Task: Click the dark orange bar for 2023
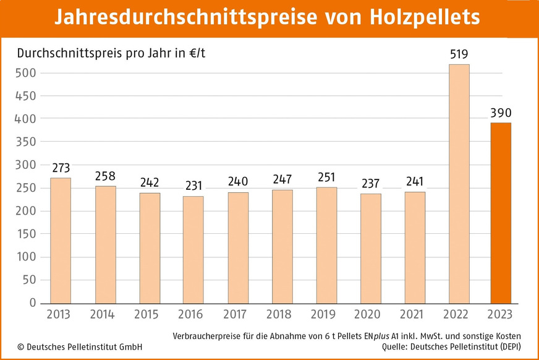501,213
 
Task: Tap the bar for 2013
61,241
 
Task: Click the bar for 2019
326,246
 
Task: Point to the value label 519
459,54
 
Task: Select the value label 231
193,186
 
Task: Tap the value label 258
105,176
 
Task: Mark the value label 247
282,179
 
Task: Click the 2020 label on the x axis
370,314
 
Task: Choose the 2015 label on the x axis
149,314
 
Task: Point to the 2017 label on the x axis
238,314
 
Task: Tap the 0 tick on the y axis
33,303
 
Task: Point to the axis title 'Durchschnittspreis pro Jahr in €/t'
111,53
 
